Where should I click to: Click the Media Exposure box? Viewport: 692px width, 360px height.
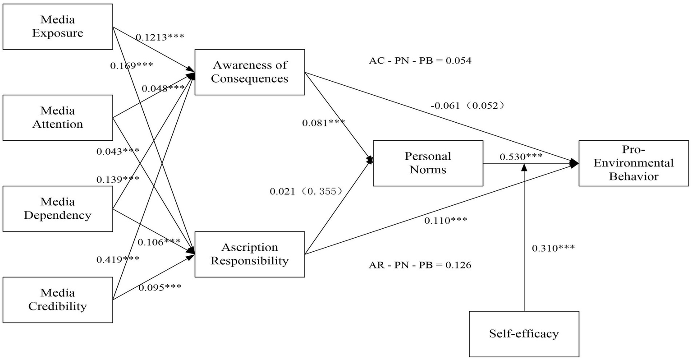(58, 27)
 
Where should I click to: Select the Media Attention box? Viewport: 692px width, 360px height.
(58, 118)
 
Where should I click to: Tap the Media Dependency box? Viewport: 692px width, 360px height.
(58, 209)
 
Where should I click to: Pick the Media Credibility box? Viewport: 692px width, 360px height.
(58, 300)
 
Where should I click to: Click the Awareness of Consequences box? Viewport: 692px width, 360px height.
(249, 72)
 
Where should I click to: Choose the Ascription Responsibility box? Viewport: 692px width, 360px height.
(249, 254)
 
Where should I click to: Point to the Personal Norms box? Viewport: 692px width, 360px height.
(428, 163)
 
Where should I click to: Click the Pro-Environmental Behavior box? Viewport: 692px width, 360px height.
(633, 163)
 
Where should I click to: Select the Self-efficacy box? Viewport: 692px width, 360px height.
(524, 334)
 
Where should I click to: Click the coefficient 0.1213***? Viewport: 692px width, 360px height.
(160, 37)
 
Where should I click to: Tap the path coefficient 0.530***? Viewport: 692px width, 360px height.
(521, 157)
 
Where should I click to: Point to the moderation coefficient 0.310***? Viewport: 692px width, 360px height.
(553, 248)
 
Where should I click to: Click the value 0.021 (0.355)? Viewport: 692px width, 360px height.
(306, 191)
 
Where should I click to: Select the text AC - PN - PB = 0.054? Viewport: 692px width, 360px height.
(420, 61)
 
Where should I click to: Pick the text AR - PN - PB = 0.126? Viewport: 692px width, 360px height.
(420, 265)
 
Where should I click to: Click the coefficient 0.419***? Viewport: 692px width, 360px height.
(118, 259)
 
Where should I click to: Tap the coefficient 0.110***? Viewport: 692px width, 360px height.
(445, 221)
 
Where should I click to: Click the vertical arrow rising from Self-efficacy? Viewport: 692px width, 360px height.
(524, 239)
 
